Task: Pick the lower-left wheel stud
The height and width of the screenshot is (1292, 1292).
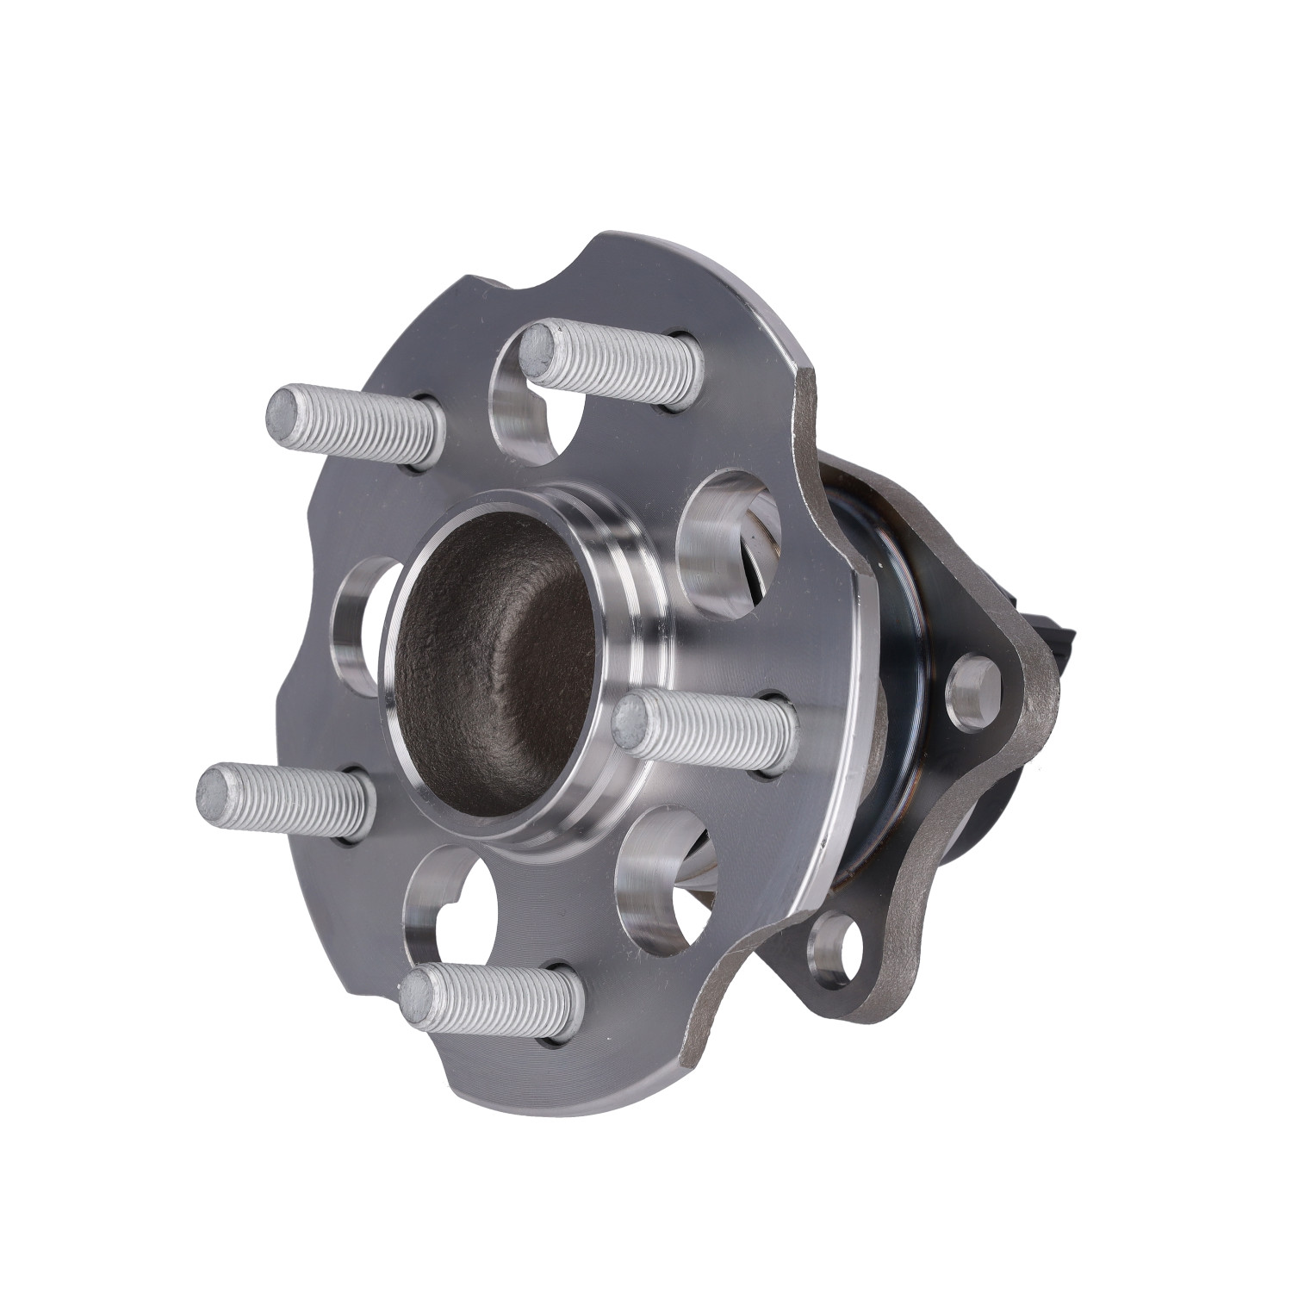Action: coord(285,800)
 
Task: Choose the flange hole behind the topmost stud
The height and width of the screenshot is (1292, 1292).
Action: coord(525,405)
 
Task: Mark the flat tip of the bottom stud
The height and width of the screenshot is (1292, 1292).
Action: coord(421,997)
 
